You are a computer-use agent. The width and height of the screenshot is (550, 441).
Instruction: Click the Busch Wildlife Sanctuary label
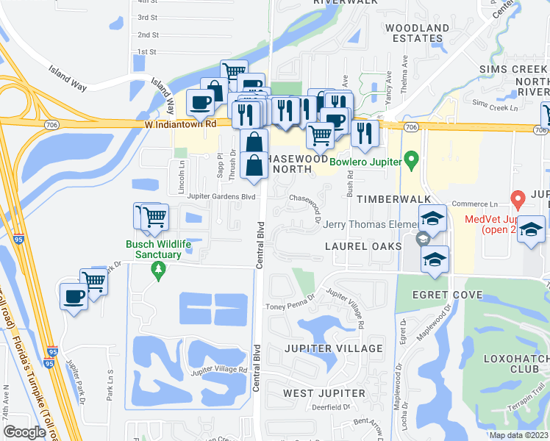tap(152, 249)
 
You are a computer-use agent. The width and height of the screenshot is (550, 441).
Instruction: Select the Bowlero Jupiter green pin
tap(412, 159)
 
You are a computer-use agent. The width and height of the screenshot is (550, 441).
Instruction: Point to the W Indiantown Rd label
tap(180, 124)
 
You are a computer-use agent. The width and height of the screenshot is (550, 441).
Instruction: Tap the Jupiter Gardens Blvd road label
tap(221, 196)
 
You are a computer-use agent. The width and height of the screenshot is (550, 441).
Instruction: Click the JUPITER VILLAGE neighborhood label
tap(344, 348)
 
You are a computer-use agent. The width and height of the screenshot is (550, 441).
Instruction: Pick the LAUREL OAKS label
tap(363, 246)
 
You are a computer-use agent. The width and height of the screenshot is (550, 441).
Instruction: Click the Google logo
tap(24, 432)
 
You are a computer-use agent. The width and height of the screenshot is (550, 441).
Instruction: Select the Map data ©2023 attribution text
tap(518, 435)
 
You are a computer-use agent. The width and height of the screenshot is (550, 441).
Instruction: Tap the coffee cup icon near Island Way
tap(200, 104)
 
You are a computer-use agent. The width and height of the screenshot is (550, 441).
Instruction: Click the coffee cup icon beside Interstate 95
tap(74, 297)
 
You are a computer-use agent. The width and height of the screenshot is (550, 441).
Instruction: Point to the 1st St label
tap(148, 52)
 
